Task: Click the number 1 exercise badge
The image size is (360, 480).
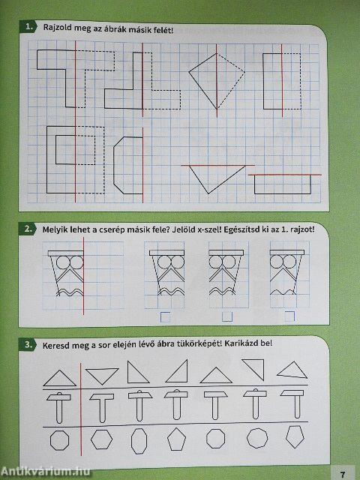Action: [28, 28]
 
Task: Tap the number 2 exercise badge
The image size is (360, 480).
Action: [28, 230]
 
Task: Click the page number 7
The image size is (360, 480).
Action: [342, 472]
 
